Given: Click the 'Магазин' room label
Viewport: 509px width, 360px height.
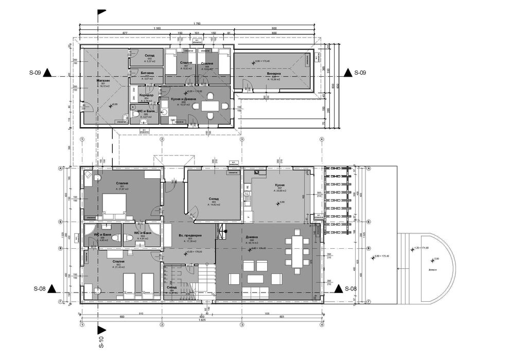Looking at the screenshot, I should point(104,81).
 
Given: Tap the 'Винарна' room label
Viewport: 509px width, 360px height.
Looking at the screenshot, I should point(274,74).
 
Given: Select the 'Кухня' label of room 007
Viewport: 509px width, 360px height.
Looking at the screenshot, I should point(279,185).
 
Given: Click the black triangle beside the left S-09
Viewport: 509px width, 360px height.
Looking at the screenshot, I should point(47,73).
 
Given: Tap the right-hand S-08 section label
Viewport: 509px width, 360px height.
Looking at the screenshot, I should point(350,288).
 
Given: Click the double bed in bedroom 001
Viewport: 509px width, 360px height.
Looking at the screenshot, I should point(115,204).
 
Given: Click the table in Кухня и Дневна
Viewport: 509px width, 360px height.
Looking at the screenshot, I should point(209,106).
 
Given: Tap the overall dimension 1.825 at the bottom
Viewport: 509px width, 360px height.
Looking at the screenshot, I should point(202,320).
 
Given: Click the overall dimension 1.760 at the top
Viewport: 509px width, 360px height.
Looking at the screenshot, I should point(197,24).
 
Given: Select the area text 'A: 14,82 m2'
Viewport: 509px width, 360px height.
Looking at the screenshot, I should point(214,204).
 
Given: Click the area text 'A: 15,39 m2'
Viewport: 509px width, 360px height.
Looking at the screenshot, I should point(274,79).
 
